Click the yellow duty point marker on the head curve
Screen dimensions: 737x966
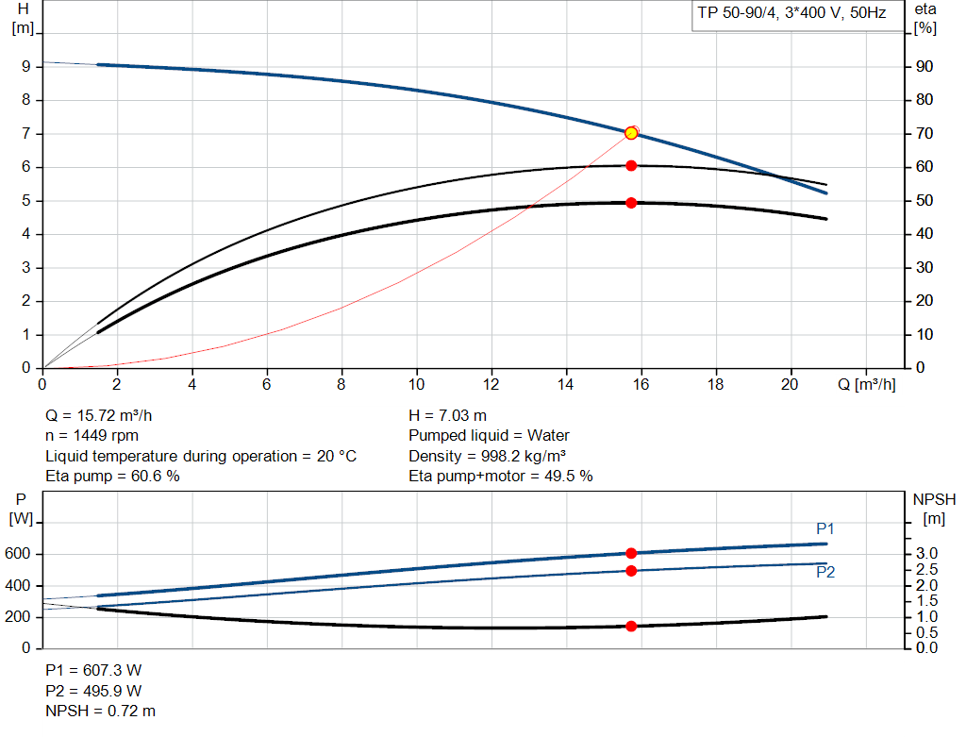(x=631, y=133)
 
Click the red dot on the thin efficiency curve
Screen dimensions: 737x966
(x=631, y=165)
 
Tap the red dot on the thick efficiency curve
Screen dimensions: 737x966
(x=631, y=203)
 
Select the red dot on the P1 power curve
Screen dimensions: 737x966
(x=631, y=553)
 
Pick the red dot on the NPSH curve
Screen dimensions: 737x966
(x=631, y=626)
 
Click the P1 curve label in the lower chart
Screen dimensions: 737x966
(x=825, y=528)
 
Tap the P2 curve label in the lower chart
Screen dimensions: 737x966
(x=825, y=572)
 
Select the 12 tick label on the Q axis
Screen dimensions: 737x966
(x=491, y=385)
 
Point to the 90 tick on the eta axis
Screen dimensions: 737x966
(x=924, y=67)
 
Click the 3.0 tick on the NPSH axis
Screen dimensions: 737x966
(x=927, y=554)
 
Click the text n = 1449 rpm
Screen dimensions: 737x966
(x=92, y=436)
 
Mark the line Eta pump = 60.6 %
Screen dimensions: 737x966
(x=112, y=477)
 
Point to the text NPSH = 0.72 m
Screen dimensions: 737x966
(x=101, y=711)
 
